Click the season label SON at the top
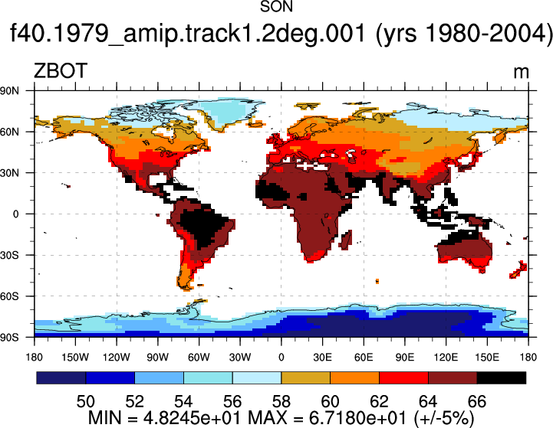276,7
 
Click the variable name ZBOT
61,70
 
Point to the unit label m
521,73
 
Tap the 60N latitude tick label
9,132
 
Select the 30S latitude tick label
9,255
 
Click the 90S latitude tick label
9,338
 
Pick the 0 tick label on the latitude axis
15,214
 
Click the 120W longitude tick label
117,358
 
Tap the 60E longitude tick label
364,358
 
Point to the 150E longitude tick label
487,358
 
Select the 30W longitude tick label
240,358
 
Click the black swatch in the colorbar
502,377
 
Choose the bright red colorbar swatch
403,377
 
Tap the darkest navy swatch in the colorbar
61,377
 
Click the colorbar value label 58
281,402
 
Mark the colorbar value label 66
477,402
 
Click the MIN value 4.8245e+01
192,418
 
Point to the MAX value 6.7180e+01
357,418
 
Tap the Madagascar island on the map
346,240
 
